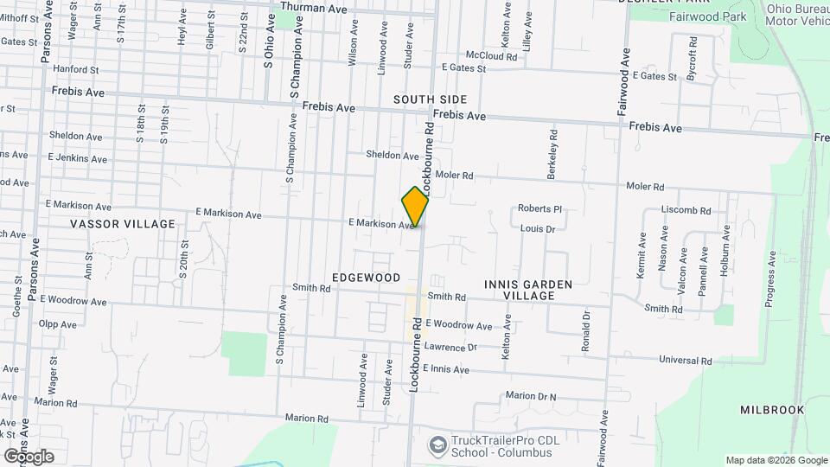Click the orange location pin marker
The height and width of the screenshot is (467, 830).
coord(416,206)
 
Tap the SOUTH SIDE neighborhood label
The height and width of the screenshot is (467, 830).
coord(430,99)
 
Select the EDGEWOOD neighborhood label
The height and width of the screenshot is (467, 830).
coord(366,278)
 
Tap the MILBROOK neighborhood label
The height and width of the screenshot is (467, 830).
coord(772,410)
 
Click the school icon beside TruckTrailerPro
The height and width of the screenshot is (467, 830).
coord(437,444)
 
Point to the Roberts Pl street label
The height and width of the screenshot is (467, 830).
coord(540,208)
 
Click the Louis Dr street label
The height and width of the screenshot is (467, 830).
coord(537,228)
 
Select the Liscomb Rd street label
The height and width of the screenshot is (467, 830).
coord(686,210)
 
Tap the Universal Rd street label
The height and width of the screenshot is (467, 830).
coord(685,360)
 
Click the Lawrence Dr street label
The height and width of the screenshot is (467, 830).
coord(450,347)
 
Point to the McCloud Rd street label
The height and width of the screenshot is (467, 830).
coord(491,55)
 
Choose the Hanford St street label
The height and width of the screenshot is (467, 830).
coord(76,68)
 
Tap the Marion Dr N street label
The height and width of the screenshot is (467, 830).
coord(531,396)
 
